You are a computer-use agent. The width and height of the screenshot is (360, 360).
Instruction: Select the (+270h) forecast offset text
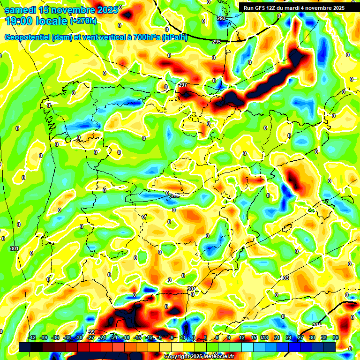83,21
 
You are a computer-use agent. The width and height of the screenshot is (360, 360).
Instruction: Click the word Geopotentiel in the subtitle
28,38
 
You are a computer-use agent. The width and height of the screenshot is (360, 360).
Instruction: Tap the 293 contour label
221,18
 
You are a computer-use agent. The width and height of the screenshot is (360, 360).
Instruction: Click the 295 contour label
216,42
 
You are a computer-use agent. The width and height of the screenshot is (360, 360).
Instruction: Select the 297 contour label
183,85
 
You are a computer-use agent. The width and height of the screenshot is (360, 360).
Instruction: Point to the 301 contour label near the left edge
14,248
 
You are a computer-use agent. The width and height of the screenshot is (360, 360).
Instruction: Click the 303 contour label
284,278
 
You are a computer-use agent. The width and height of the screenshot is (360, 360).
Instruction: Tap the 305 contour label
317,325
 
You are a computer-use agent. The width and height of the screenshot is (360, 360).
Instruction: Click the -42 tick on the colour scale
32,337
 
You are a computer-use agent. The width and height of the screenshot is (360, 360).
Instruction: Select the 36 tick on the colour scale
336,337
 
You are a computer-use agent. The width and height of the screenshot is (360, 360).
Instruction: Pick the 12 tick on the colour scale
242,337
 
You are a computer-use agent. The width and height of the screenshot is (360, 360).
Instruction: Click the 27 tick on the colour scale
300,337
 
